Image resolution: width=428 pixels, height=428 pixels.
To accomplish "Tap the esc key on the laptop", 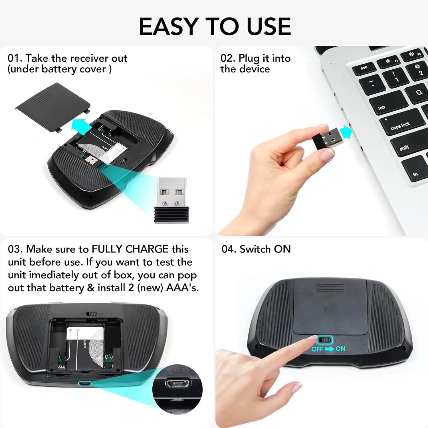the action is point(364,69).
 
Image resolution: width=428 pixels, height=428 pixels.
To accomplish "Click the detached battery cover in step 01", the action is point(53,107).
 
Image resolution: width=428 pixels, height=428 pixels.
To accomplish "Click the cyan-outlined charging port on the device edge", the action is point(85,384).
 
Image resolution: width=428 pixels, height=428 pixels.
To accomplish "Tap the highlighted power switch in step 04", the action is point(325,340).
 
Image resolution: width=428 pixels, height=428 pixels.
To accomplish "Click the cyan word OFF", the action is point(317,349).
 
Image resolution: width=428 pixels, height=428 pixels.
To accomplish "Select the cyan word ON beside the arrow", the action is point(340,348).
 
